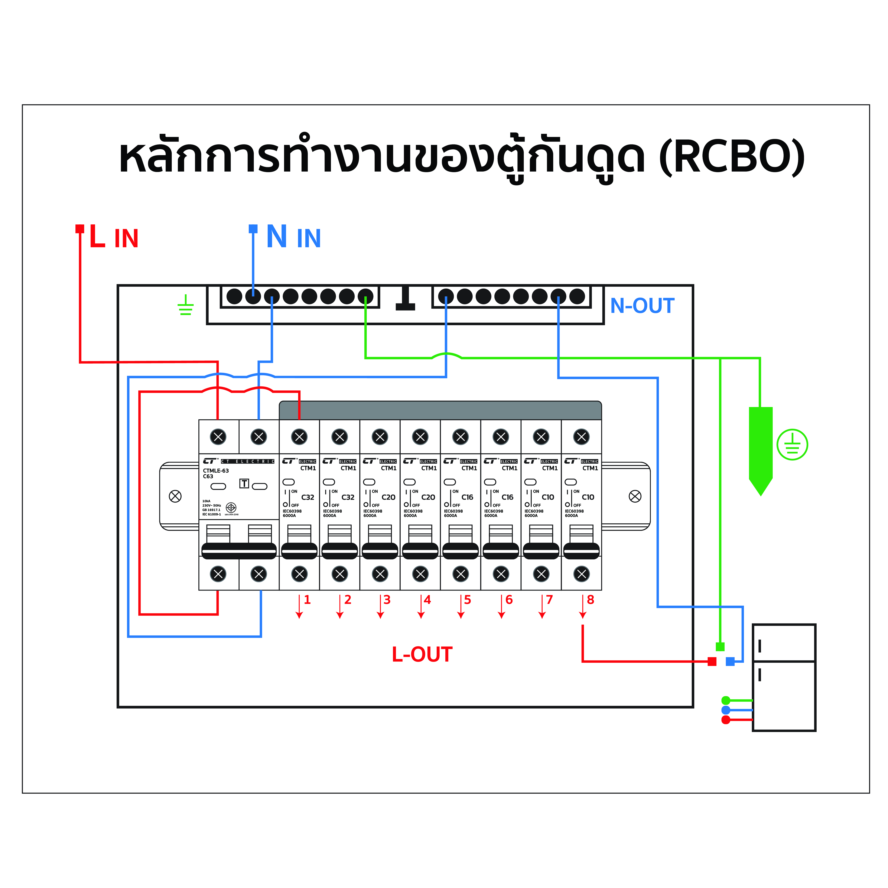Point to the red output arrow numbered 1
pyautogui.click(x=299, y=607)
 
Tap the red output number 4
pyautogui.click(x=427, y=600)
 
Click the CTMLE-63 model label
pyautogui.click(x=216, y=471)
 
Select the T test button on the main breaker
pyautogui.click(x=244, y=484)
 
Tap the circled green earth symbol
pyautogui.click(x=792, y=445)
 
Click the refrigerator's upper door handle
pyautogui.click(x=760, y=646)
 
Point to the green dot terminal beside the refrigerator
pyautogui.click(x=726, y=700)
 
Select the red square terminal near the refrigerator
pyautogui.click(x=712, y=661)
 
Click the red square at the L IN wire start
pyautogui.click(x=79, y=228)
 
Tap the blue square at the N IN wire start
pyautogui.click(x=253, y=228)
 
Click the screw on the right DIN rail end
pyautogui.click(x=635, y=496)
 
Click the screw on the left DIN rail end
pyautogui.click(x=175, y=496)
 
